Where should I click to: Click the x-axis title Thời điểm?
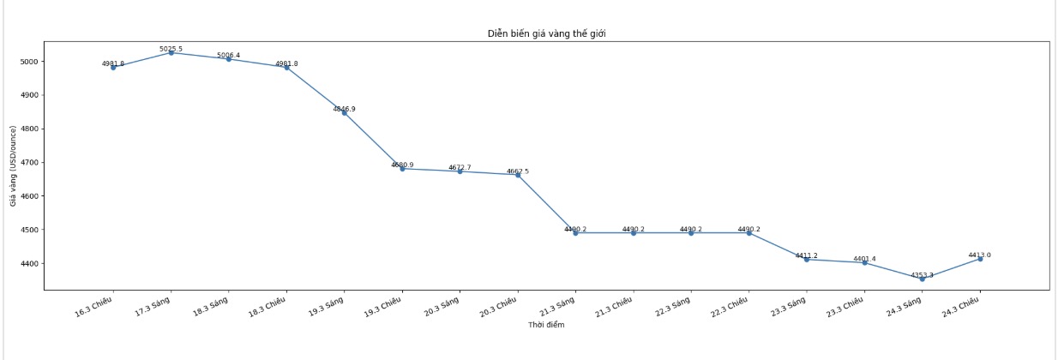(546, 325)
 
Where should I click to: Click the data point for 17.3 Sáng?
(171, 53)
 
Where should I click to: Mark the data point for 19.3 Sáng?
(345, 113)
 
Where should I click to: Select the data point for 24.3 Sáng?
(923, 279)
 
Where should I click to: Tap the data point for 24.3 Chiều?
(980, 259)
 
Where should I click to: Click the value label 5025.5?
(171, 49)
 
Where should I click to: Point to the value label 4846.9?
(345, 109)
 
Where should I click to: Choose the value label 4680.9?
(402, 165)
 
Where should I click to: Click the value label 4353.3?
(923, 275)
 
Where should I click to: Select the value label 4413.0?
(980, 255)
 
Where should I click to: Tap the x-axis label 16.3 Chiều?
(94, 307)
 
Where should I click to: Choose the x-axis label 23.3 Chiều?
(845, 307)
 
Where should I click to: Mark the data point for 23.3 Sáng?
(807, 259)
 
